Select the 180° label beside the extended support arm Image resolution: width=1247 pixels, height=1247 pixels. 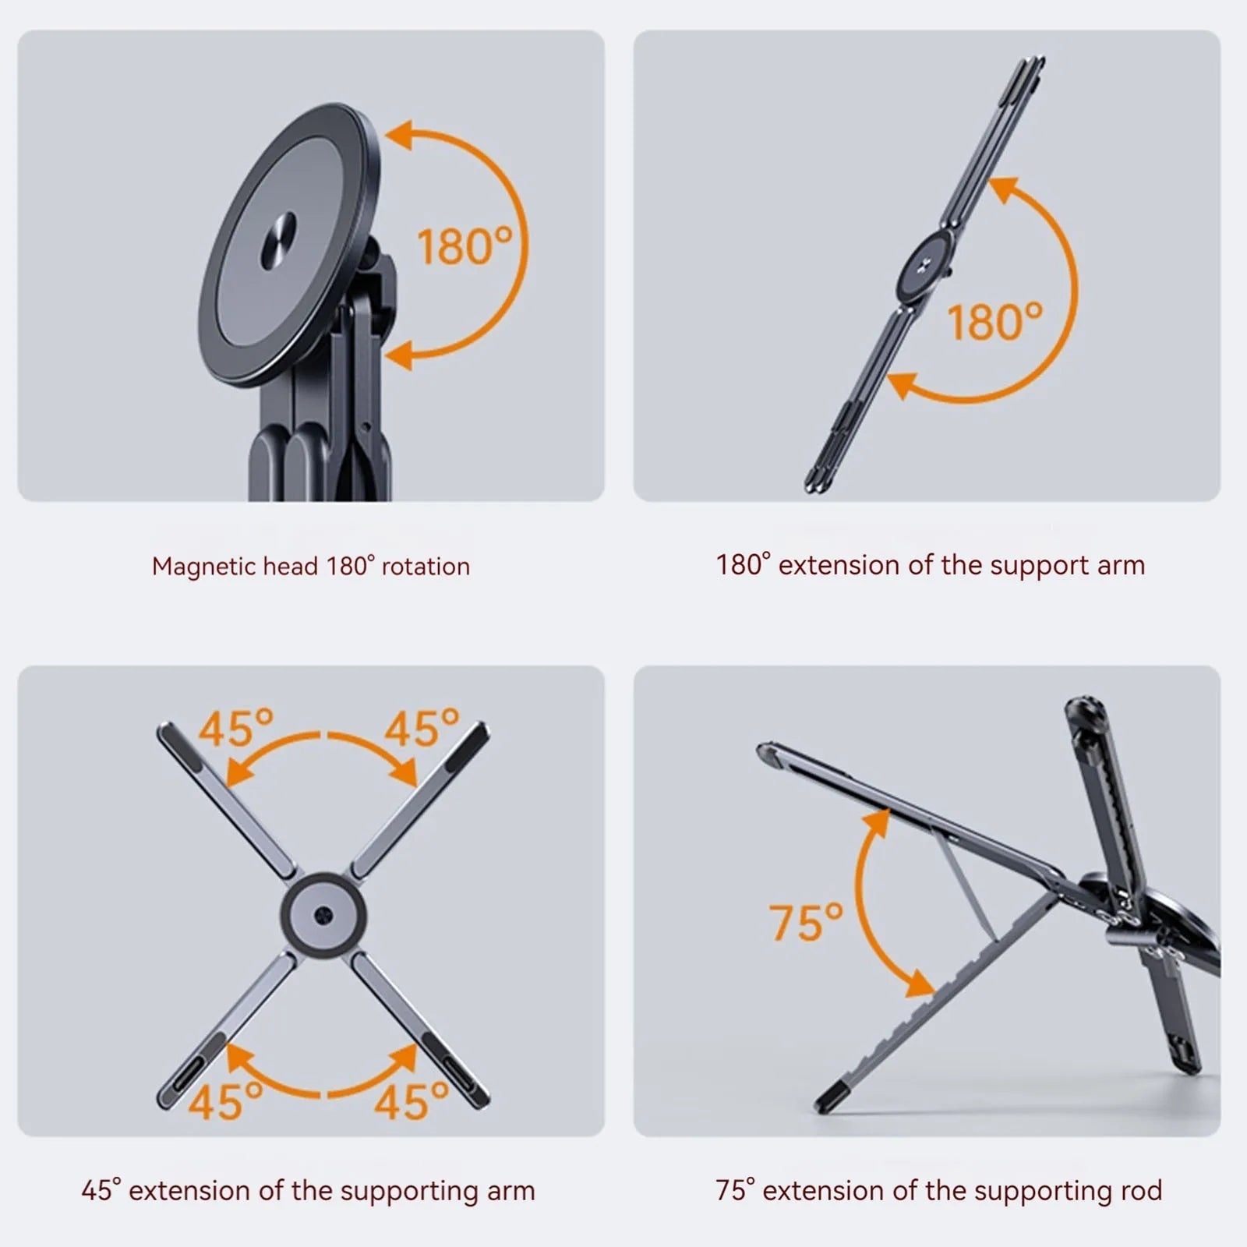(x=994, y=321)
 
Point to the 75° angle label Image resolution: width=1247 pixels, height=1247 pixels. (x=806, y=922)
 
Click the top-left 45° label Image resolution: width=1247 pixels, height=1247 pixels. (x=236, y=728)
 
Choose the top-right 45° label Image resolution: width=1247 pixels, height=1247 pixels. (x=422, y=728)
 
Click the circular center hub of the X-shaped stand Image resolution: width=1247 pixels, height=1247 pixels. (x=323, y=914)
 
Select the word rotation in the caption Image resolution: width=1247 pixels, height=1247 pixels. (x=426, y=567)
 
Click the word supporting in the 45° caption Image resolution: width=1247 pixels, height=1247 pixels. (x=400, y=1192)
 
